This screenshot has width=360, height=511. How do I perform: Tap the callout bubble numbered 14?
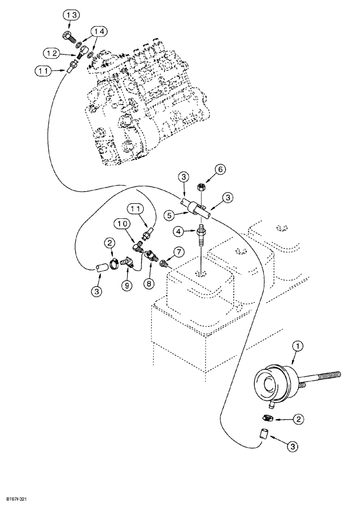[100, 32]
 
